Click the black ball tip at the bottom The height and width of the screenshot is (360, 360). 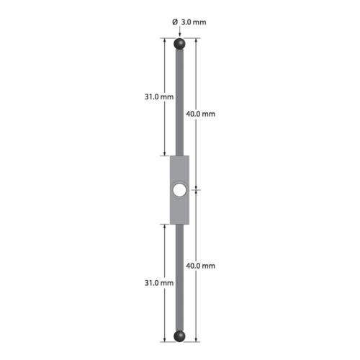point(179,335)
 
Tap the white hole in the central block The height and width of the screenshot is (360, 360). point(179,190)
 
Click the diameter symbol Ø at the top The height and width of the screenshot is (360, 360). point(175,22)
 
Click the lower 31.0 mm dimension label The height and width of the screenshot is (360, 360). point(158,283)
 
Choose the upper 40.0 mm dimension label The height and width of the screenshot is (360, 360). point(201,114)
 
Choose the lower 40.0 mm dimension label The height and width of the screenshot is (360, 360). point(201,266)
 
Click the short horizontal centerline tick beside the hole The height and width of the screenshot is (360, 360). point(199,190)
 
